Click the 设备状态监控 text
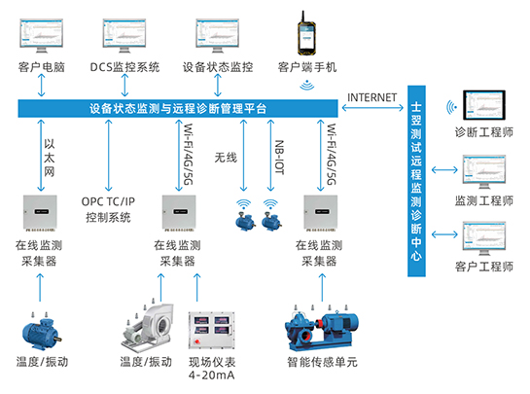coord(217,67)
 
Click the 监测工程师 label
coord(483,200)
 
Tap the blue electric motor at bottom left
coord(41,333)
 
